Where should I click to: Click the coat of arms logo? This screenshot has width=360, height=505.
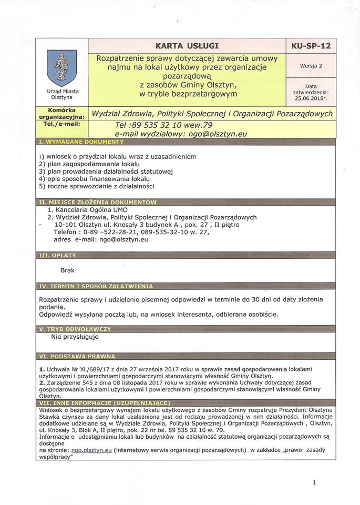point(62,68)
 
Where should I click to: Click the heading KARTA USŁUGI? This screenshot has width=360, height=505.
point(187,45)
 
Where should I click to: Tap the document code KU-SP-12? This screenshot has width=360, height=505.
point(311,46)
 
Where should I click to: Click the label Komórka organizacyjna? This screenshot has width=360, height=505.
point(62,113)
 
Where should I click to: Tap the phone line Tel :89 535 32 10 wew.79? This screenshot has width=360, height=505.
point(163,125)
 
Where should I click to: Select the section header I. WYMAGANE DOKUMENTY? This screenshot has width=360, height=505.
point(81,142)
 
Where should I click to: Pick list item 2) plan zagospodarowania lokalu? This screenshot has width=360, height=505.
point(89,164)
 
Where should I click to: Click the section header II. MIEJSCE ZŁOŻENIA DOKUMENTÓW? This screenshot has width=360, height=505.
point(98,202)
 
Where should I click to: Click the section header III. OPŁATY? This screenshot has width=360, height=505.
point(58,255)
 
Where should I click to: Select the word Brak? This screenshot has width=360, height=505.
point(67,270)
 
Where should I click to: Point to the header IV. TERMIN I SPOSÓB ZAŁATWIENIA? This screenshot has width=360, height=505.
point(96,286)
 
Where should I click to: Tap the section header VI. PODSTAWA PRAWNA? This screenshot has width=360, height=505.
point(77,356)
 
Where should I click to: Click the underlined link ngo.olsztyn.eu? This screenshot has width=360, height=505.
point(90,450)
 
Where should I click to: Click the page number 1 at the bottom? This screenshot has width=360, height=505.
point(314,482)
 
